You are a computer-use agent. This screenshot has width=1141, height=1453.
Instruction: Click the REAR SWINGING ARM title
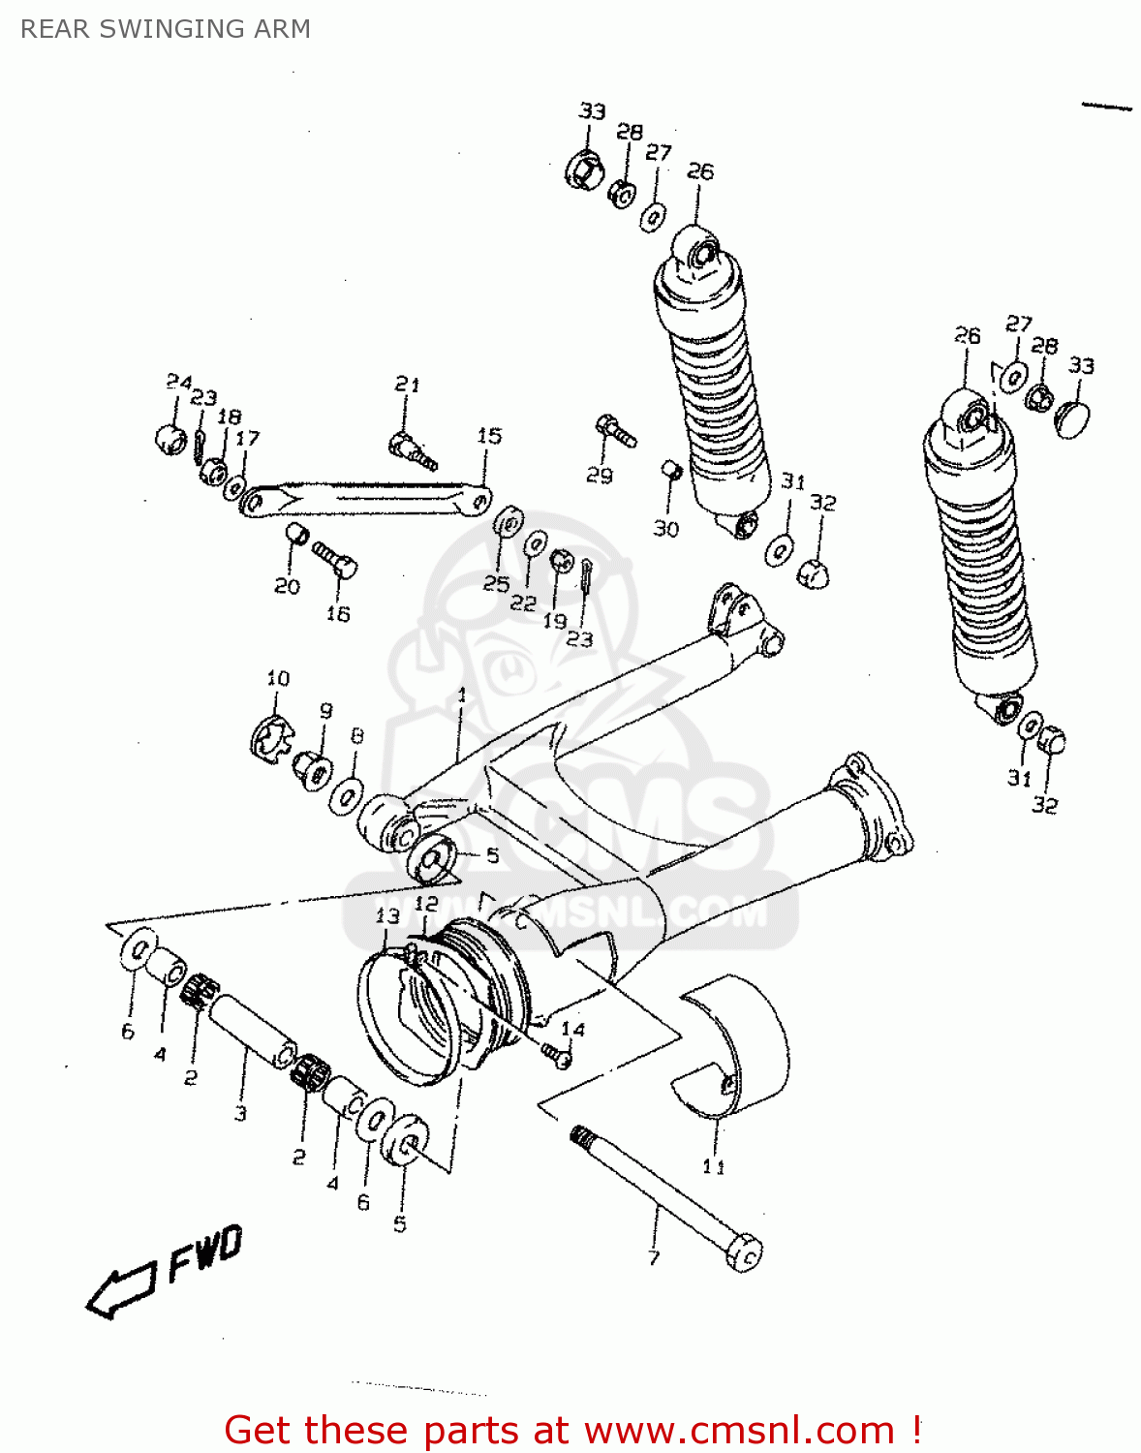166,29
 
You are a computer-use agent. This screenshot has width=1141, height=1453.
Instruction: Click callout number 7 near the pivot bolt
654,1257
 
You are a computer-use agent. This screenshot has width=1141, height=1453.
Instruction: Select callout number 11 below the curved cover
714,1166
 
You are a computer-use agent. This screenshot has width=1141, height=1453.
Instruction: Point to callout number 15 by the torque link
489,436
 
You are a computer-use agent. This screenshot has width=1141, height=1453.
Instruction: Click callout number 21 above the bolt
407,385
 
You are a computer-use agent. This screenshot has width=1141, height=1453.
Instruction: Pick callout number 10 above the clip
278,678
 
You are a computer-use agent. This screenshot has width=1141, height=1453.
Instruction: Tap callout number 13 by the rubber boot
387,915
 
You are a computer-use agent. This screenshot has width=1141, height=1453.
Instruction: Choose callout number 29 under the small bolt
600,475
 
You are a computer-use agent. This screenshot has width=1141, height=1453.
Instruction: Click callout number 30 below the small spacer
665,529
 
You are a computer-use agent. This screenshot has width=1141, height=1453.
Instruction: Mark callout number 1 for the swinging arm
462,695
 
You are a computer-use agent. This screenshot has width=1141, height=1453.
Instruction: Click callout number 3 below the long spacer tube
240,1113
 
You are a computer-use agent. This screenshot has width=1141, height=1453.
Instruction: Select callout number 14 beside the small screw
573,1029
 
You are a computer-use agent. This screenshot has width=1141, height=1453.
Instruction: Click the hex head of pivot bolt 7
746,1253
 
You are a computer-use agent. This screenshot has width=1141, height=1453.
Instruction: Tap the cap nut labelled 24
170,438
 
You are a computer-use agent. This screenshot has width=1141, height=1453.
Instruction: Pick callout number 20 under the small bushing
287,586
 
